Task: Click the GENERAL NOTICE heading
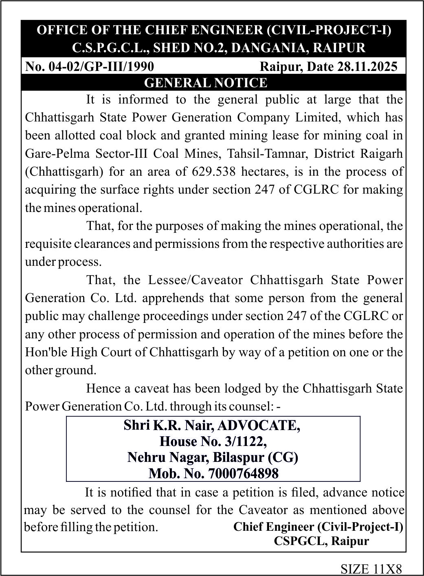[x=206, y=83]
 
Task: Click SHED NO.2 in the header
[x=191, y=48]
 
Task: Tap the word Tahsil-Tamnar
[x=268, y=154]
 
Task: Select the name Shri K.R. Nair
[x=169, y=426]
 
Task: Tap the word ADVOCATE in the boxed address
[x=259, y=426]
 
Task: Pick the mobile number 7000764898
[x=243, y=474]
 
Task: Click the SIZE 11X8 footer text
[x=371, y=568]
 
